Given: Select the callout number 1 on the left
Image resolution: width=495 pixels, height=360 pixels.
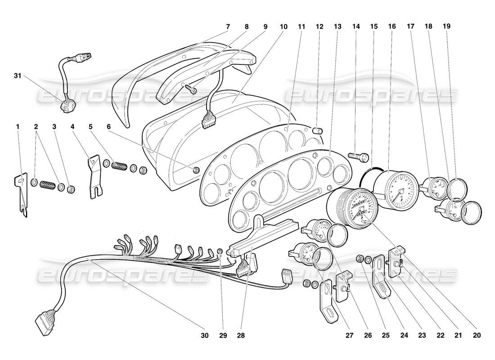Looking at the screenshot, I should pyautogui.click(x=18, y=127).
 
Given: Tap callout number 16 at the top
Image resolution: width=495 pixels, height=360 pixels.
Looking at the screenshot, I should pyautogui.click(x=392, y=27).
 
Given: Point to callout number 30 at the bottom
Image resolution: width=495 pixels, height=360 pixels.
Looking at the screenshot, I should pyautogui.click(x=205, y=335).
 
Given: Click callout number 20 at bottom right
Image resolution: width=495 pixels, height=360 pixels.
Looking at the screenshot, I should pyautogui.click(x=477, y=335).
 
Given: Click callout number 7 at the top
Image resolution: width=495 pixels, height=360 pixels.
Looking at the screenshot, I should pyautogui.click(x=228, y=27).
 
